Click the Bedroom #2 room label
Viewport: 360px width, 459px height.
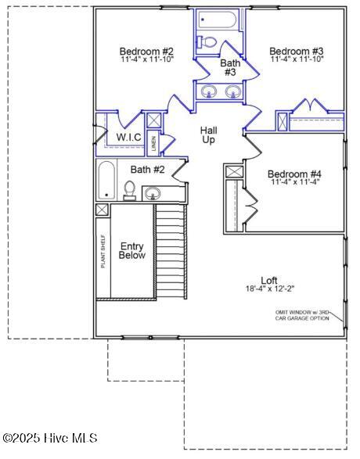146,52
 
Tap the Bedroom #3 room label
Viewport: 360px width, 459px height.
297,52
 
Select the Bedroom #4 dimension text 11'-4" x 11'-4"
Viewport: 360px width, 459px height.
295,181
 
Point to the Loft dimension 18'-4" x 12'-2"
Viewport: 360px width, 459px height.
270,289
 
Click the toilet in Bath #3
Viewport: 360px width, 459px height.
206,41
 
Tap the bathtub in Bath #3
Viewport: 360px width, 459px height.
217,20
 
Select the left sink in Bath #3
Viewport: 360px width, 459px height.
209,91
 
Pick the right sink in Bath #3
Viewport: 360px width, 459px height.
233,91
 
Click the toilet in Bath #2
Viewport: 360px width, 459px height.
129,191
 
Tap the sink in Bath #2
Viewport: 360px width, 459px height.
153,193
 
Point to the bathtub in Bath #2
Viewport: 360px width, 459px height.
106,181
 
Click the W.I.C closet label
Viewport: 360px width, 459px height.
128,137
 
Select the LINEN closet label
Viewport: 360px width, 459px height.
154,143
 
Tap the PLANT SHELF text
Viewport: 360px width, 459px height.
103,252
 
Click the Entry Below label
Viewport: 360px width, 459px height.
131,250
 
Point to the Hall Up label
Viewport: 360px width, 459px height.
208,135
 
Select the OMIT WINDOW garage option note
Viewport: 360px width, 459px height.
302,315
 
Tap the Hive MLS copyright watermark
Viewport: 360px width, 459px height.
50,438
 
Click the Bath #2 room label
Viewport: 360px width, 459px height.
148,170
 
